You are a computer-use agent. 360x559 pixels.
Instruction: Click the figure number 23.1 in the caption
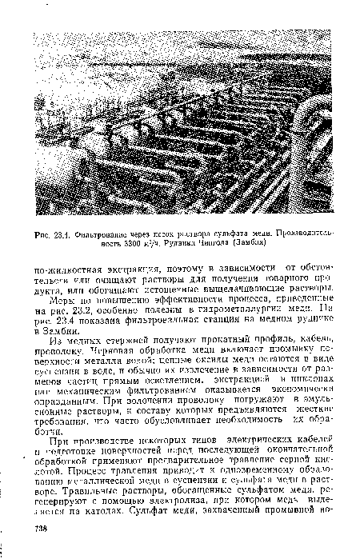57,234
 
